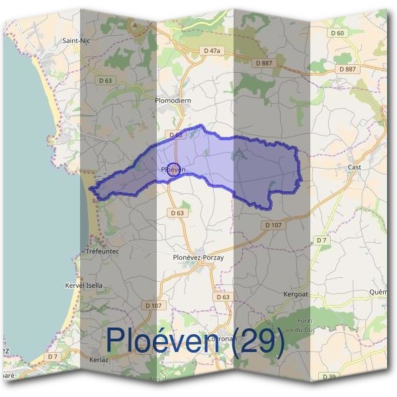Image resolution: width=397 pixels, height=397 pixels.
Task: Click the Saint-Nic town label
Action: (x=75, y=40)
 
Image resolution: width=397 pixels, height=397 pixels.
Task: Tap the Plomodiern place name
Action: (x=173, y=101)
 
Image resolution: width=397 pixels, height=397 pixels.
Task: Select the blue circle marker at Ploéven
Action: (x=173, y=169)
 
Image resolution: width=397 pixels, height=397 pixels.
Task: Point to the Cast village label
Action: (x=354, y=167)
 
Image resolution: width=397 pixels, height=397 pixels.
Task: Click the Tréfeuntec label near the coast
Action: (x=102, y=251)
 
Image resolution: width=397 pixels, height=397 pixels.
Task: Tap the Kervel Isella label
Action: (x=83, y=285)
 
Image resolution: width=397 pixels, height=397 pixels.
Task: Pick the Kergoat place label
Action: (x=296, y=293)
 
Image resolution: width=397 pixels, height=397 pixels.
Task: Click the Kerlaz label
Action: (x=98, y=360)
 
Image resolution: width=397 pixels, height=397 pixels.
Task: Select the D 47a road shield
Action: (x=212, y=50)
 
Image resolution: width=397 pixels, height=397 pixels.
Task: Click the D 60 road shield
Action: (x=337, y=33)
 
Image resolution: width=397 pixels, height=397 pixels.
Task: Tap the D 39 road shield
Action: (x=328, y=376)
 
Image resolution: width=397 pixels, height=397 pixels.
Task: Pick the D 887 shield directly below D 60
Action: (x=346, y=69)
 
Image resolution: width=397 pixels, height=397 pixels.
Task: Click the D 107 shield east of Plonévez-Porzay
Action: (x=273, y=225)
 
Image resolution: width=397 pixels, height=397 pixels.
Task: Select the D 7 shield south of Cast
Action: (x=322, y=240)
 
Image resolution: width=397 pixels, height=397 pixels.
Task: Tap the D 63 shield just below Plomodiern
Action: (x=175, y=134)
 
